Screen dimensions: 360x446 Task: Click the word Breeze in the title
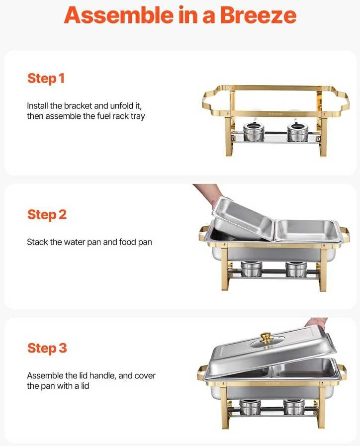tap(258, 15)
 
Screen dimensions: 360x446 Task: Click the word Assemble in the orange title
tap(118, 15)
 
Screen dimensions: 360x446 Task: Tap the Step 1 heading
tap(46, 79)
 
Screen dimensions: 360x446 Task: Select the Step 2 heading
tap(47, 215)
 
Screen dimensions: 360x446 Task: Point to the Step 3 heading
tap(47, 348)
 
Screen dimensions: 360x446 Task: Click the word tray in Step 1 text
tap(138, 116)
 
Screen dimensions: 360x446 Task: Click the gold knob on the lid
tap(267, 339)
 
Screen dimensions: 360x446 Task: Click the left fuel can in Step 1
tap(254, 132)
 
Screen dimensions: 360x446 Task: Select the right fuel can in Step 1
tap(297, 132)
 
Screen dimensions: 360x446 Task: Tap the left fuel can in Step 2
tap(252, 269)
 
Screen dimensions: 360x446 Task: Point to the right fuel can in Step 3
tap(294, 407)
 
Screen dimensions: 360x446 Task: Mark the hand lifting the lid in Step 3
tap(316, 323)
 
